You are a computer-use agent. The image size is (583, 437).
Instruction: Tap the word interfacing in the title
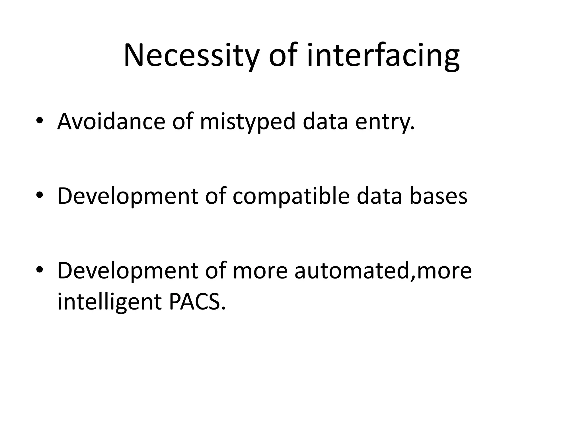coord(383,55)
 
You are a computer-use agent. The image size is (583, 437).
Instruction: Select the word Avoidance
coord(111,121)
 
